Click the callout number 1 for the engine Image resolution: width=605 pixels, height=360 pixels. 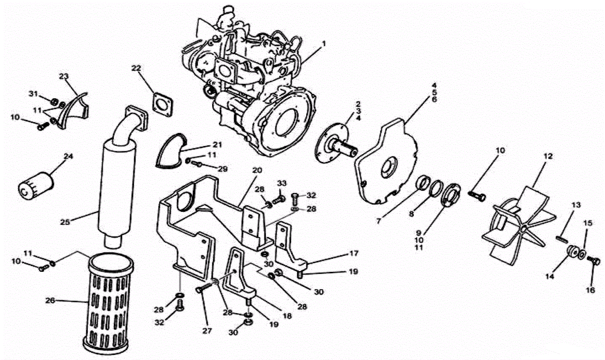pos(324,44)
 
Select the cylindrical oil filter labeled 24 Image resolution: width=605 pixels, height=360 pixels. pos(36,186)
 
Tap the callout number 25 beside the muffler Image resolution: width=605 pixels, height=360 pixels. pos(65,222)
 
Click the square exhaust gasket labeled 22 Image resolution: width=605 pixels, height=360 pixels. pos(163,105)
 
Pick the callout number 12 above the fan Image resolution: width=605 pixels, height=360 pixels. pos(548,157)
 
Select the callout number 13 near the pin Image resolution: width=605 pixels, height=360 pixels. pos(576,205)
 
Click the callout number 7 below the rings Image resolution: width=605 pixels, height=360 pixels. pos(379,221)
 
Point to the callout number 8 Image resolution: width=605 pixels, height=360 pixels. pos(411,214)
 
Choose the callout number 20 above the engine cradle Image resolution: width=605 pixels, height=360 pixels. pos(257,171)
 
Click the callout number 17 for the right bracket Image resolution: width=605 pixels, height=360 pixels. pos(354,253)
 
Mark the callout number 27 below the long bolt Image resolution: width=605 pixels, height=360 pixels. pos(207,331)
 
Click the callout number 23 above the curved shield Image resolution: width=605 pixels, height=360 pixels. pos(64,76)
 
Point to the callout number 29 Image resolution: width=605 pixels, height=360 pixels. pos(223,169)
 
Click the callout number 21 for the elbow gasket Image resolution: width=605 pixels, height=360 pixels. pos(217,145)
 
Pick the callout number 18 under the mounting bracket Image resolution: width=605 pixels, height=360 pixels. pos(287,316)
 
